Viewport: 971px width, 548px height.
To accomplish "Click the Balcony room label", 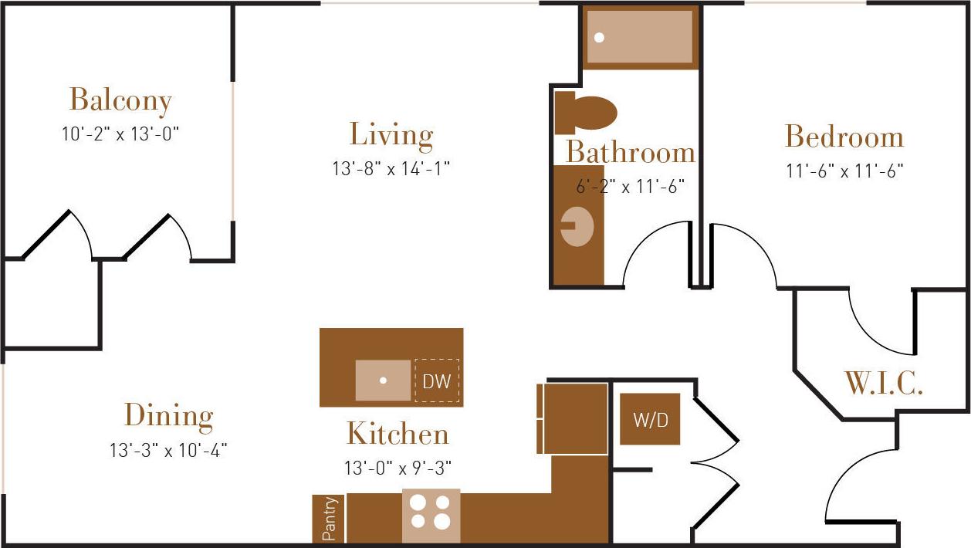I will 120,100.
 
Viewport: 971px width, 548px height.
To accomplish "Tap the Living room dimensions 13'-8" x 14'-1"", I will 391,168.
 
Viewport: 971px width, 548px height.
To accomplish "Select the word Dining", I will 168,415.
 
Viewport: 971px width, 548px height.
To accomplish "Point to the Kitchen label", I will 397,434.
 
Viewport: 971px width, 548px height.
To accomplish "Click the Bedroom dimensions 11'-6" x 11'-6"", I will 844,171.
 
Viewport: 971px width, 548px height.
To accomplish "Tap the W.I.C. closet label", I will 883,384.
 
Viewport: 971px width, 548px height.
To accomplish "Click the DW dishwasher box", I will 437,381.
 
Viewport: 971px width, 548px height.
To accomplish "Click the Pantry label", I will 329,519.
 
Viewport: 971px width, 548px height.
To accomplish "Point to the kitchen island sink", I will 383,381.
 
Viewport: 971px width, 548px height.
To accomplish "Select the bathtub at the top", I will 639,37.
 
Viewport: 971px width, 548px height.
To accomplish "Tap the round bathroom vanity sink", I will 577,226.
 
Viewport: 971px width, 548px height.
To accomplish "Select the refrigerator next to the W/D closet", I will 575,418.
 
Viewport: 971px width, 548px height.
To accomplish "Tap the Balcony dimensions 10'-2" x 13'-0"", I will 120,134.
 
